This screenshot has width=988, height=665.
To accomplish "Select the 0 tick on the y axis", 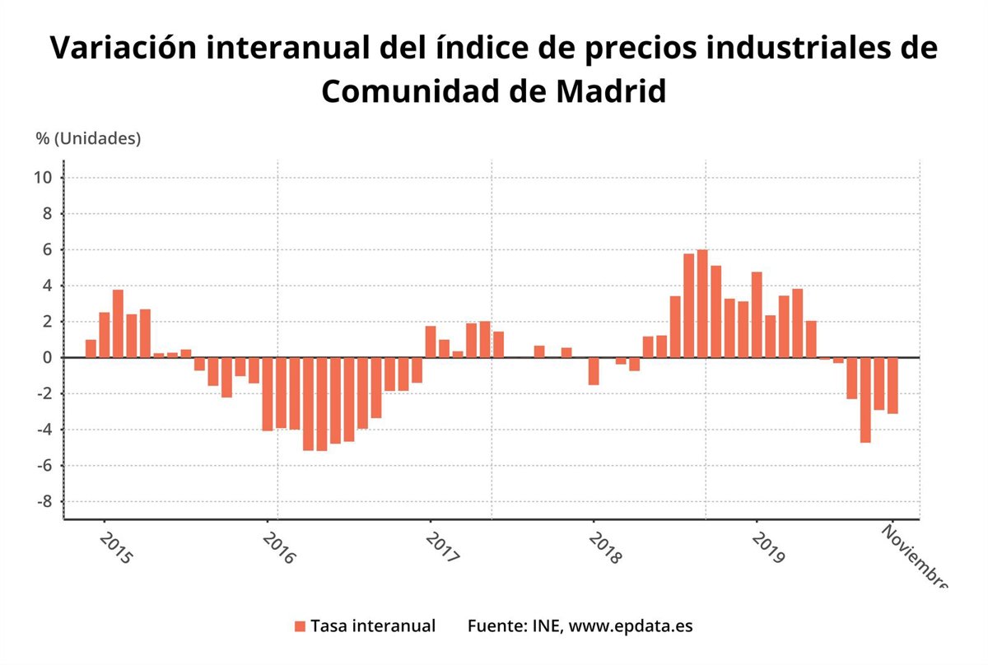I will (x=49, y=358).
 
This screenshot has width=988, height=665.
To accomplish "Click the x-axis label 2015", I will (x=114, y=547).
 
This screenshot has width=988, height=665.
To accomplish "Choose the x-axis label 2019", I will (x=768, y=547).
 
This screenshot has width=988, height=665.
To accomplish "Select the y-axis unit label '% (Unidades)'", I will (x=88, y=138).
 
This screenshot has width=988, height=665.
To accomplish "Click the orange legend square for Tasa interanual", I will (x=300, y=626).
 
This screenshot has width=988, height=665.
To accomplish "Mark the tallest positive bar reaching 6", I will (x=702, y=304).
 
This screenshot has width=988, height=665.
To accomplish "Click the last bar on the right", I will (x=892, y=386).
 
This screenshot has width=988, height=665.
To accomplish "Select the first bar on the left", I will (x=91, y=349).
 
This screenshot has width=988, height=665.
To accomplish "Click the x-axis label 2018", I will (x=605, y=547).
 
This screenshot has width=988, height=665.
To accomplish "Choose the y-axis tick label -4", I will (x=44, y=430).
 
